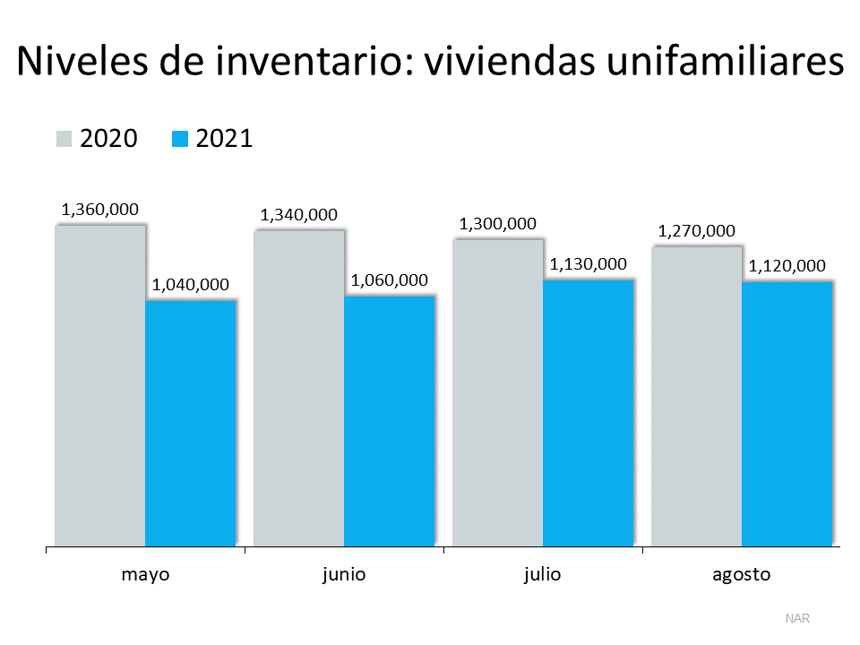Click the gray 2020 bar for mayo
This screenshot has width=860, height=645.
99,385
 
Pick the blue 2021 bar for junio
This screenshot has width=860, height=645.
390,421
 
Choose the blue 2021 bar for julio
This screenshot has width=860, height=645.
589,412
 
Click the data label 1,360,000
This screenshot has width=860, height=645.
99,210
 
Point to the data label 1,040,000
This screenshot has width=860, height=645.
190,285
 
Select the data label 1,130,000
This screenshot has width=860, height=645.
588,264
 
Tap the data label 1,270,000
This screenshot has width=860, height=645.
696,231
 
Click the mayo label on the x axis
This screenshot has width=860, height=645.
145,574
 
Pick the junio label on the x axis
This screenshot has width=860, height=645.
344,574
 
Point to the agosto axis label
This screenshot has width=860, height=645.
741,574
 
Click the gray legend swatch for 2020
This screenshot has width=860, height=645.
64,139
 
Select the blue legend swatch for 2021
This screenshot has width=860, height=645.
179,139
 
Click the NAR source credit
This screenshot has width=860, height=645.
796,618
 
